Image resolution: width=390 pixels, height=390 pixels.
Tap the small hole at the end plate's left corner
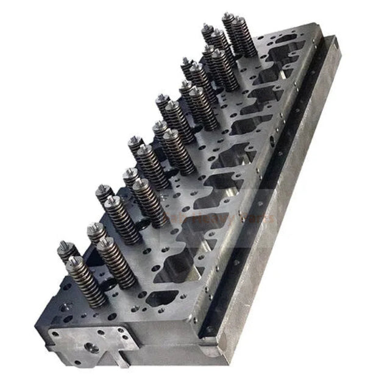point(55,335)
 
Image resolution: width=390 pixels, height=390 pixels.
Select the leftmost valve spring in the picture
point(67,251)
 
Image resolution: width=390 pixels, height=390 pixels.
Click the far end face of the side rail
point(334,41)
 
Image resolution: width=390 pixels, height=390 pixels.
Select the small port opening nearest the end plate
point(162,298)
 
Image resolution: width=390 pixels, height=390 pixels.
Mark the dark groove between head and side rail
point(268,183)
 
